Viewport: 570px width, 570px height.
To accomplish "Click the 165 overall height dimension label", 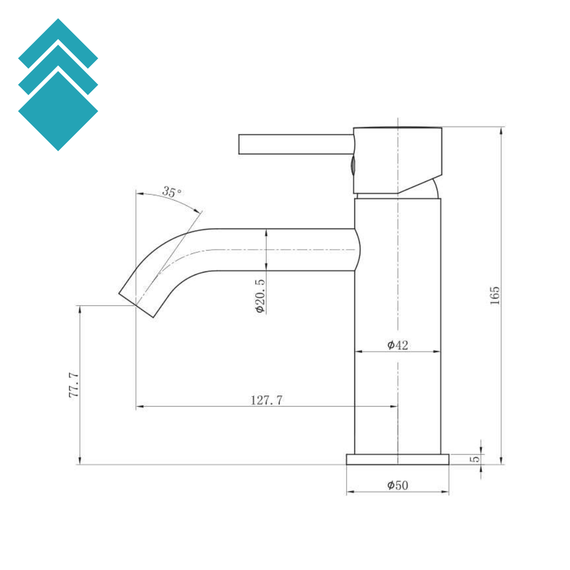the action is click(x=495, y=296).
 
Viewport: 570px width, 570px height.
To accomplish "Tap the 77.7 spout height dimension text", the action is click(x=74, y=385).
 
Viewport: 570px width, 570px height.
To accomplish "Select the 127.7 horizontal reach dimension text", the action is click(x=267, y=400).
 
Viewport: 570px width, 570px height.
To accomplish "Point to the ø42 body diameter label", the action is click(x=397, y=345).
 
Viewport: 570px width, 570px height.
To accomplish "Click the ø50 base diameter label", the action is click(x=397, y=485).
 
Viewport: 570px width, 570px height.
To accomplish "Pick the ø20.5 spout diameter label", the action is click(x=261, y=296).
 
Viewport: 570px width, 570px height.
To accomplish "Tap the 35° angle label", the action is click(x=171, y=191).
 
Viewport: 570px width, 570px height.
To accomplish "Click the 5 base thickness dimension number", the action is click(x=475, y=459).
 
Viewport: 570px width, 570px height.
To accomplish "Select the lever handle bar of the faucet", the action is click(x=296, y=144).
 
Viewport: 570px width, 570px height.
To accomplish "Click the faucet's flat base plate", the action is click(x=397, y=459).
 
